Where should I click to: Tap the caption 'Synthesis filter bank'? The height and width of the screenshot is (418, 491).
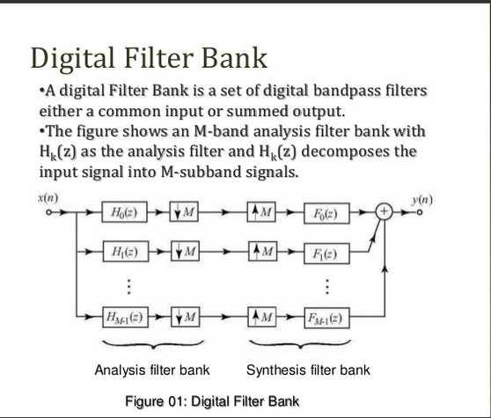pos(309,370)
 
